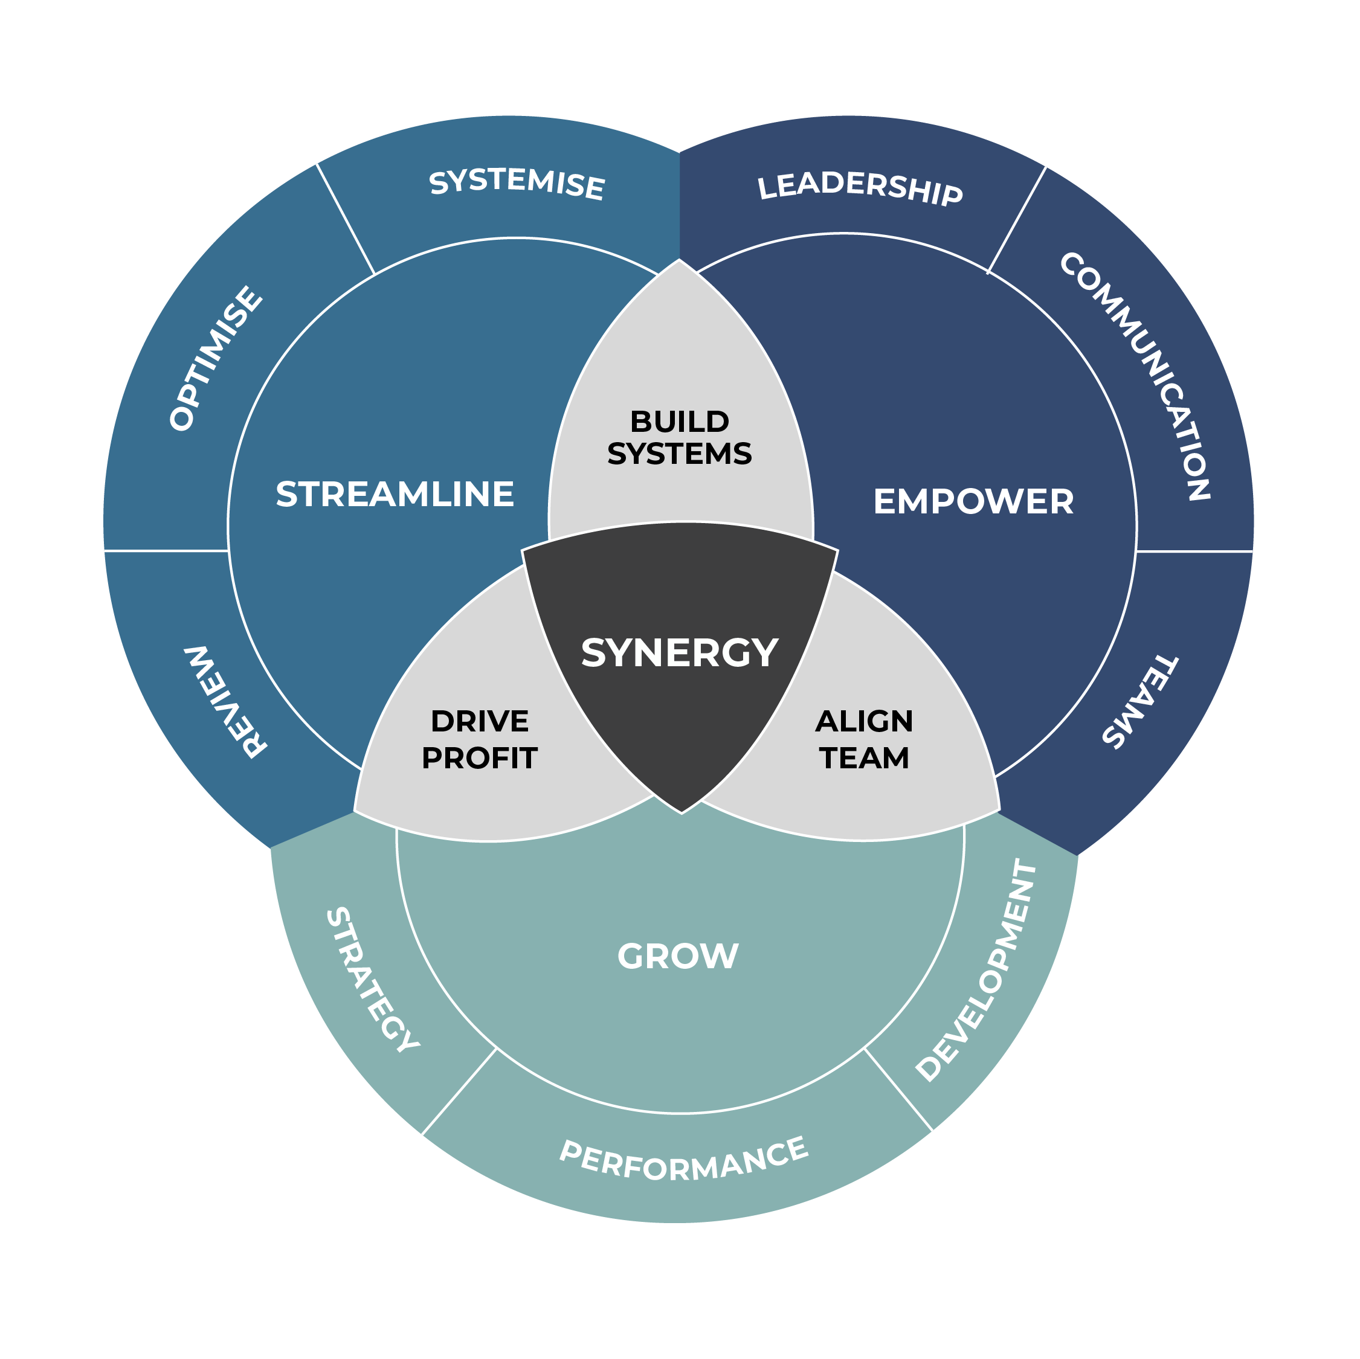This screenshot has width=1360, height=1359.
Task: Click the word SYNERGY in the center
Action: pyautogui.click(x=679, y=652)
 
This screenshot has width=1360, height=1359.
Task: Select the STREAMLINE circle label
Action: pyautogui.click(x=395, y=494)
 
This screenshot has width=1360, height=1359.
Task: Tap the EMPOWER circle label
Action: pyautogui.click(x=973, y=502)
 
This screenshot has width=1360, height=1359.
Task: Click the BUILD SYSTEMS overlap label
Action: pyautogui.click(x=679, y=438)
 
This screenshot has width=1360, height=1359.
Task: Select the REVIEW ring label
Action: pyautogui.click(x=225, y=701)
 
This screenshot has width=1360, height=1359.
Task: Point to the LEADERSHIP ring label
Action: pyautogui.click(x=860, y=188)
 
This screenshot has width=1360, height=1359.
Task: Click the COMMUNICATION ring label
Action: pyautogui.click(x=1135, y=376)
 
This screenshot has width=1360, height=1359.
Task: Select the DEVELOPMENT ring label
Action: pyautogui.click(x=977, y=971)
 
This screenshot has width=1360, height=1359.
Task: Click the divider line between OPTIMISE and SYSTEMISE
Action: pyautogui.click(x=345, y=218)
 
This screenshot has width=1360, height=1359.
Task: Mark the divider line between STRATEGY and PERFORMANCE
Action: pyautogui.click(x=459, y=1091)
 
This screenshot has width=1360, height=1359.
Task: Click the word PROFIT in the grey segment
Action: pyautogui.click(x=479, y=758)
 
